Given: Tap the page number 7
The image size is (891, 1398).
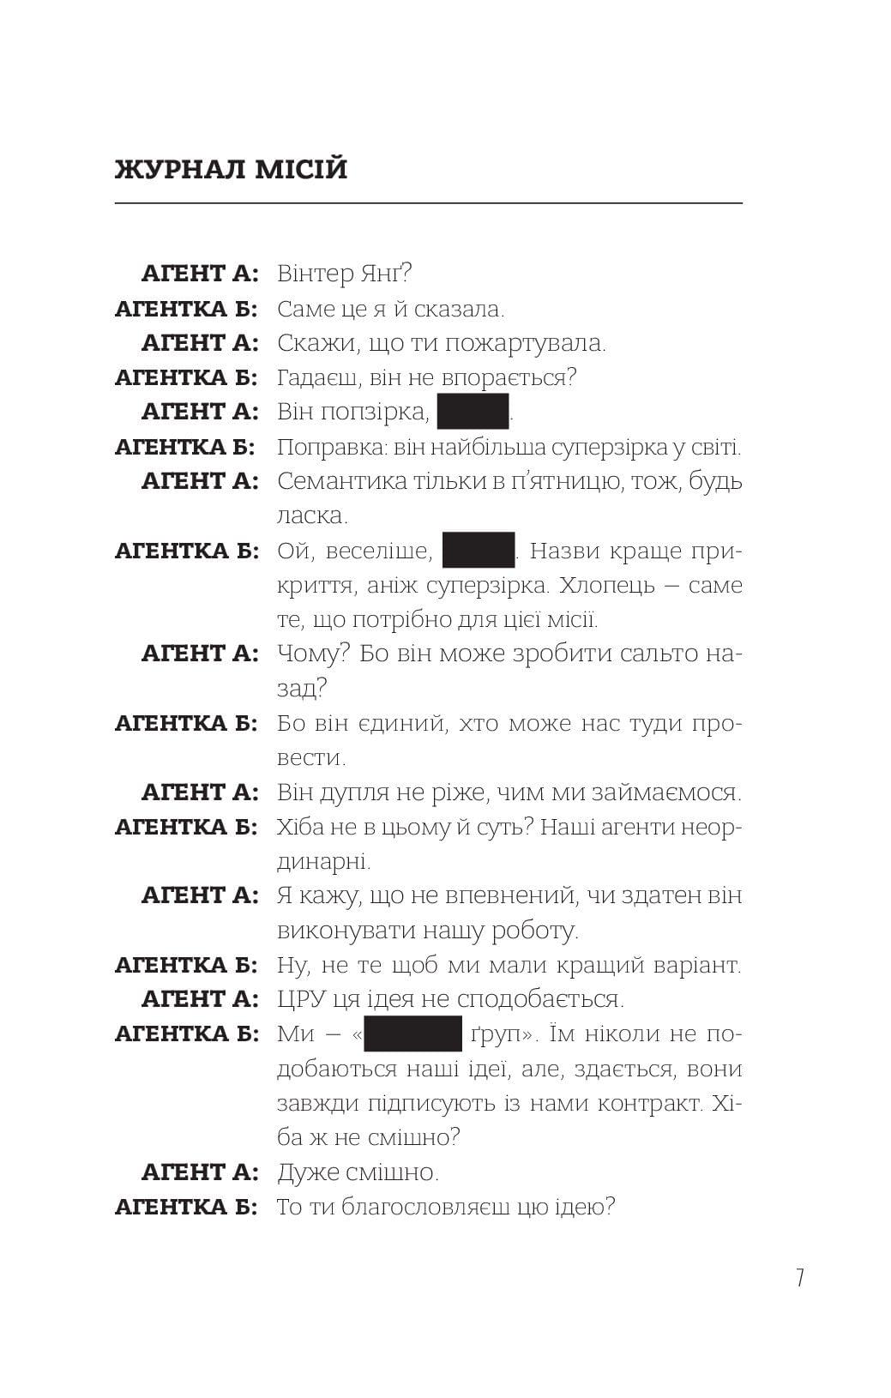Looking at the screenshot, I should (x=799, y=1278).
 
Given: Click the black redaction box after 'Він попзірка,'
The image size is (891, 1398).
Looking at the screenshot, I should (x=473, y=411).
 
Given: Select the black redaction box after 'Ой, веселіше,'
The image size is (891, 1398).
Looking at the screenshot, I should (x=479, y=550).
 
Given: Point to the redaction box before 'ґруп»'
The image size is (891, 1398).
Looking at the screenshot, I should (x=413, y=1033).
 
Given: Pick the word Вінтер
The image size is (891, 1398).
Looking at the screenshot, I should (x=315, y=274).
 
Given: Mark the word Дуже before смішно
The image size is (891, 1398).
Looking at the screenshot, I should (x=306, y=1172).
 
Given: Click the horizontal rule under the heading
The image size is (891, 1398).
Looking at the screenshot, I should (x=428, y=203).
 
